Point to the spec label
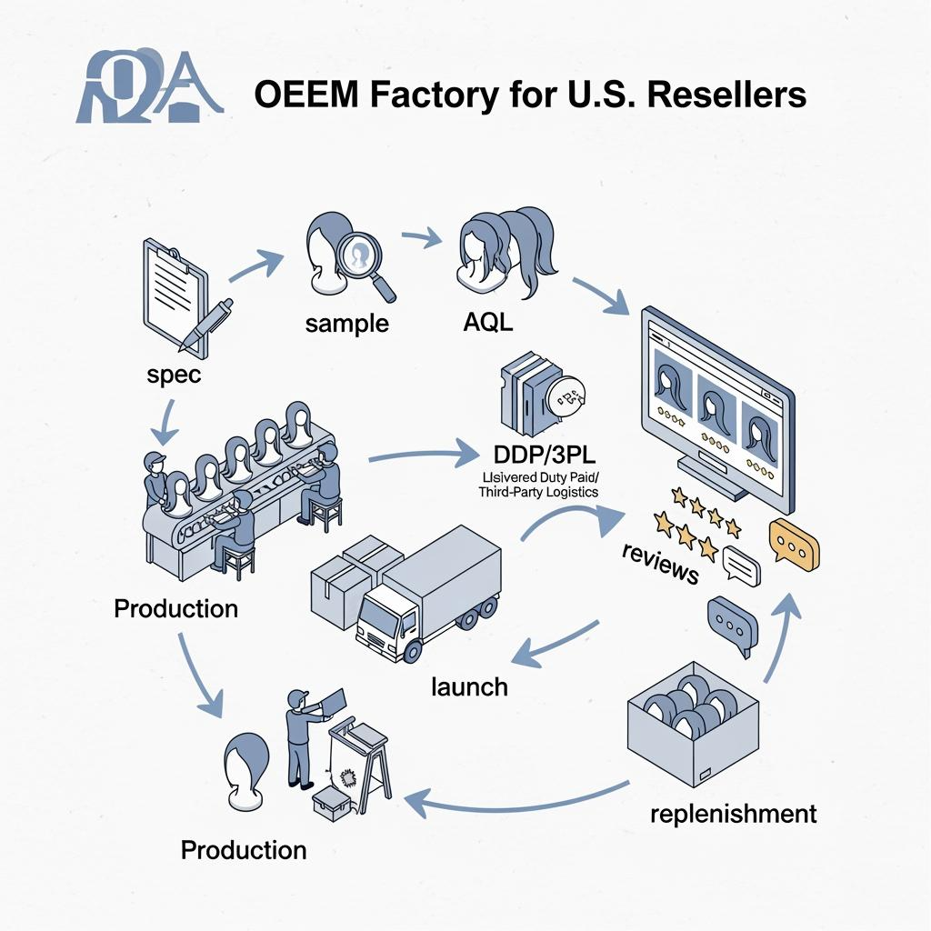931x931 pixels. coord(172,374)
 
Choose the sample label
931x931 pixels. coord(346,323)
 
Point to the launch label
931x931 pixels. coord(468,686)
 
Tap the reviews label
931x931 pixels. coord(660,562)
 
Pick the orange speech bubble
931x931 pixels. coord(793,546)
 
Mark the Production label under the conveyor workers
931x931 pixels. coord(176,608)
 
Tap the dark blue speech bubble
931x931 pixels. coord(732,623)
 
